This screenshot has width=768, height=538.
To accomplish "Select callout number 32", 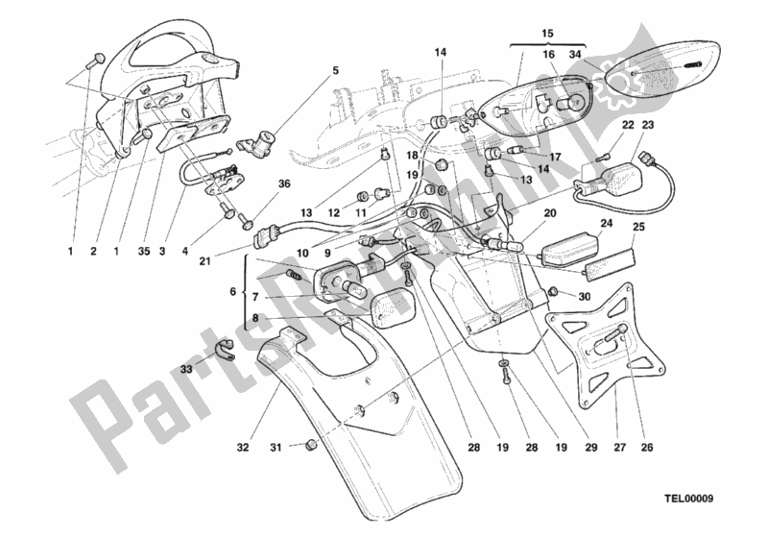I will pos(243,446).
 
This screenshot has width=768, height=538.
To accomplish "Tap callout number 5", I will pos(336,70).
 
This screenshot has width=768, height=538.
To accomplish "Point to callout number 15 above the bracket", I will pos(547,35).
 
